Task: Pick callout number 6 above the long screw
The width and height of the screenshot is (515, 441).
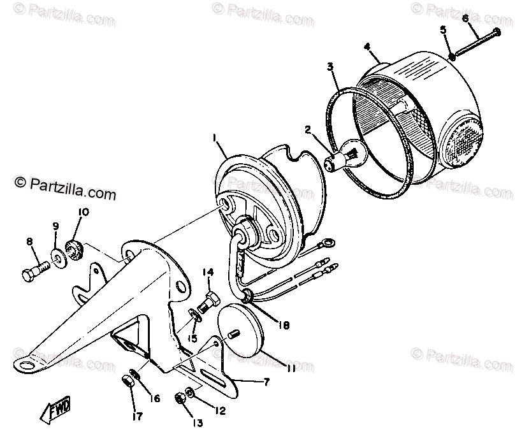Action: pyautogui.click(x=465, y=18)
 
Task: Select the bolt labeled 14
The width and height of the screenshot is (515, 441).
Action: pyautogui.click(x=211, y=298)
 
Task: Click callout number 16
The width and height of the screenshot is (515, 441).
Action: pyautogui.click(x=154, y=400)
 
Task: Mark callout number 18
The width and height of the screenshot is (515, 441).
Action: pyautogui.click(x=284, y=325)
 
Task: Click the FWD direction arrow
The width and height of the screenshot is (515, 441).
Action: pyautogui.click(x=57, y=410)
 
